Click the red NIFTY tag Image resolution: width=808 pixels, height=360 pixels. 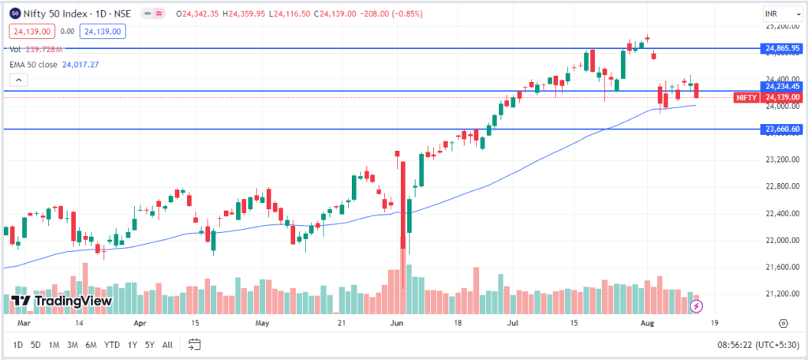746,97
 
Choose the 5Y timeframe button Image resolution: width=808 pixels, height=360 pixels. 149,344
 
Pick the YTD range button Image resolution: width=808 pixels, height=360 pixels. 112,344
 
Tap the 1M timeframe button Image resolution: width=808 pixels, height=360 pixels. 54,344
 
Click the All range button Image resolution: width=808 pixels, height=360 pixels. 167,344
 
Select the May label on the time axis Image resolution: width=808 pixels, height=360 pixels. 263,323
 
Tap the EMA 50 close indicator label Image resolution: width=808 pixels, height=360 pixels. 33,65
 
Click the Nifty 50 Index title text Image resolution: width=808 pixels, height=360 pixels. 56,13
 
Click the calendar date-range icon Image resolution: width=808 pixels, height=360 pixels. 195,344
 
